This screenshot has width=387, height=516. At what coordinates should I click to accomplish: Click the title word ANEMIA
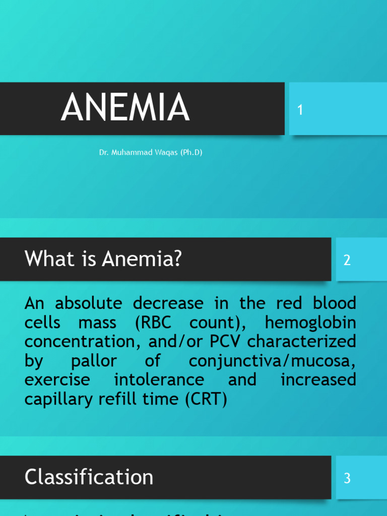tap(125, 108)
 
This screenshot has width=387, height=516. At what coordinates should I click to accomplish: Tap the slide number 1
tap(300, 110)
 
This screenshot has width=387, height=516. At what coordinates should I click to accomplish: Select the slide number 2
tap(347, 260)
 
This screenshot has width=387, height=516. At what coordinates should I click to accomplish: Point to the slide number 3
tap(347, 478)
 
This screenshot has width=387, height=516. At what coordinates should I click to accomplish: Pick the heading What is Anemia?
tap(103, 260)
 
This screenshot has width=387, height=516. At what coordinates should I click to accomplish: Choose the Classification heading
tap(89, 477)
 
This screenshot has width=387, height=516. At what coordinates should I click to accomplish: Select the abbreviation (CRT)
tap(206, 399)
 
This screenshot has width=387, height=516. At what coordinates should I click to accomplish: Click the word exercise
tap(57, 379)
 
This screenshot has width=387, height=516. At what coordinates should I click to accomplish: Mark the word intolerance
tap(159, 379)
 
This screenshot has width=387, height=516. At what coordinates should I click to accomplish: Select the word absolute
tap(89, 303)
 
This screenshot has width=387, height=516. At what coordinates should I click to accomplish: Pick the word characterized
tap(302, 342)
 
